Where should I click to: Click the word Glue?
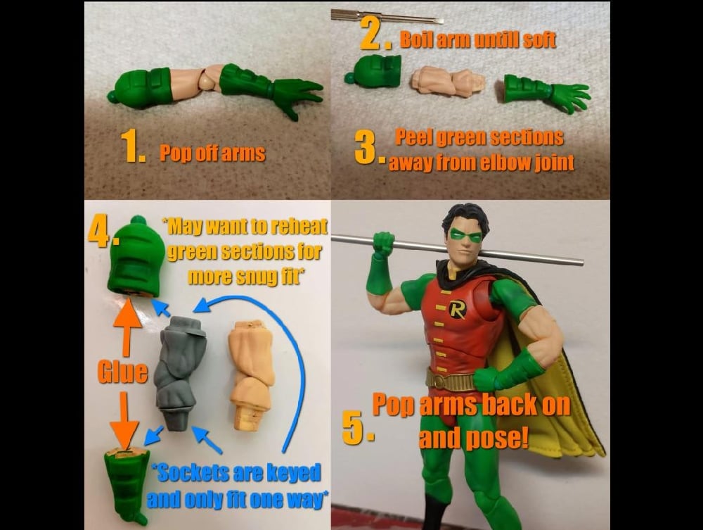[122, 372]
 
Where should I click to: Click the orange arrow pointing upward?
[127, 327]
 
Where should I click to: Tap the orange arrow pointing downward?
[126, 419]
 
